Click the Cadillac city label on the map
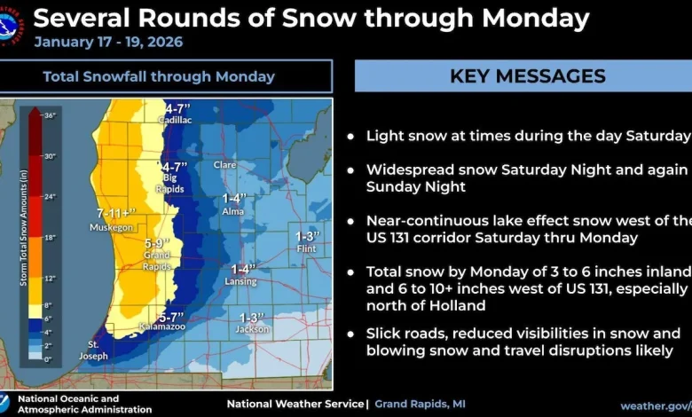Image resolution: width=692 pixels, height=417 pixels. pos(175,120)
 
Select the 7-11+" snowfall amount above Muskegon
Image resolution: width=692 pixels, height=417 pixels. pos(116,214)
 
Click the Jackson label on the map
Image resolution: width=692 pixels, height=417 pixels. pos(252,329)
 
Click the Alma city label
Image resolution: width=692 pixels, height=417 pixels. pos(233,212)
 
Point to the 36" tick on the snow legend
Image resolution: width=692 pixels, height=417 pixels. pos(49,115)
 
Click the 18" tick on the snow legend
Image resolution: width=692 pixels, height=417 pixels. pos(49,237)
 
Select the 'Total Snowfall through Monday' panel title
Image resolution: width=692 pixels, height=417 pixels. pos(159,76)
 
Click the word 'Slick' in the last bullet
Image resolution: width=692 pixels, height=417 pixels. pos(383,333)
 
